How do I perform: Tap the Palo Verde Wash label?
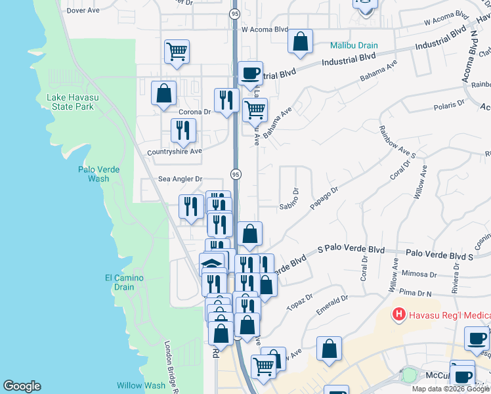pos(98,173)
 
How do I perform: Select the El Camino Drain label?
pos(124,282)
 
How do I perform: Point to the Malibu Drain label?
pos(354,45)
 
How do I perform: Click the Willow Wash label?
pos(141,385)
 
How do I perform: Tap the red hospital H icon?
pos(398,315)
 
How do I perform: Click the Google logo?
pos(22,386)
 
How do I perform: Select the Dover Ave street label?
pos(82,11)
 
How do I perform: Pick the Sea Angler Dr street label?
pos(181,179)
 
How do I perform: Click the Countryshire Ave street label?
pos(174,151)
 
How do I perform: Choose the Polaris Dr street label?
pos(449,103)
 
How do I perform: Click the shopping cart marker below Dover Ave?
pos(177,51)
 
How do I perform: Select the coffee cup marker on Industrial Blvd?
pos(249,72)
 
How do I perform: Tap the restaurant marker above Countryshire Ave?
pos(183,129)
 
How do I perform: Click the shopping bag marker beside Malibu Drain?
pos(300,41)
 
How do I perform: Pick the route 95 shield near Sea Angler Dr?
pos(235,173)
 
